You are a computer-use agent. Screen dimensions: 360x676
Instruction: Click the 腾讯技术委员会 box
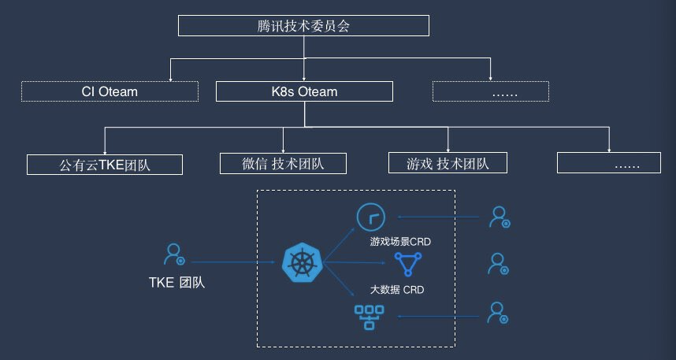pyautogui.click(x=304, y=26)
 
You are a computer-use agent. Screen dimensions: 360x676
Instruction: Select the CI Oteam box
pyautogui.click(x=110, y=91)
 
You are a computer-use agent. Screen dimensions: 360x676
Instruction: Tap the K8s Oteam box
pyautogui.click(x=304, y=91)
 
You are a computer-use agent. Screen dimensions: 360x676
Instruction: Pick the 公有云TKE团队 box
pyautogui.click(x=105, y=165)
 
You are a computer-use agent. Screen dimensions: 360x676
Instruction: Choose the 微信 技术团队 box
pyautogui.click(x=283, y=163)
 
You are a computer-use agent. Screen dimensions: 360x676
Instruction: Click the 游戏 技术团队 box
pyautogui.click(x=448, y=163)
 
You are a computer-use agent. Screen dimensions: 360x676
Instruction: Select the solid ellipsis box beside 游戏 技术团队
pyautogui.click(x=609, y=163)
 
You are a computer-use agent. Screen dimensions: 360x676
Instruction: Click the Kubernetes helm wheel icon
pyautogui.click(x=302, y=262)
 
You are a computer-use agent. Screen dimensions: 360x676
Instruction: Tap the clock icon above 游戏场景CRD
pyautogui.click(x=369, y=216)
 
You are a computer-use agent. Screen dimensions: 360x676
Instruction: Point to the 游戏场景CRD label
pyautogui.click(x=397, y=241)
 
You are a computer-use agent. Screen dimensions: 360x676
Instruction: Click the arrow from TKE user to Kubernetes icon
pyautogui.click(x=228, y=262)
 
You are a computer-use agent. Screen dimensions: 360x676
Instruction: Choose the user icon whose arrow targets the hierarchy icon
pyautogui.click(x=497, y=314)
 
